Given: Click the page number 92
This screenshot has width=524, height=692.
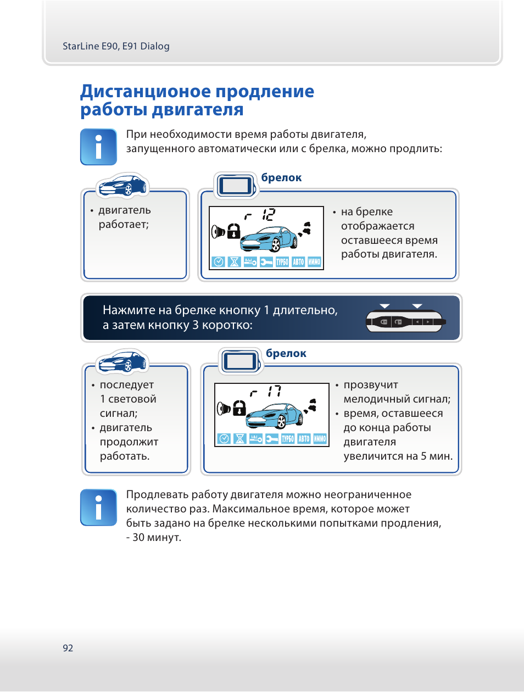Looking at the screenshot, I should (x=68, y=648).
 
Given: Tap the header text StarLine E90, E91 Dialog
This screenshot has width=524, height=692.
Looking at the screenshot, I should (x=116, y=46).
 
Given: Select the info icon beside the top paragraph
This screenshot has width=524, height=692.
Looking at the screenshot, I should (x=98, y=147).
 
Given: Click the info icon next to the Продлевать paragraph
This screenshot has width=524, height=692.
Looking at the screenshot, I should (x=98, y=507).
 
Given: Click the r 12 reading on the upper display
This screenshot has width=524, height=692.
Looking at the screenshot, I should (x=260, y=215).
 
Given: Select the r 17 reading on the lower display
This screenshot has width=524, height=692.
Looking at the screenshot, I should (x=266, y=392).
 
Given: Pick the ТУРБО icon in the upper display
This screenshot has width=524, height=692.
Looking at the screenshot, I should (x=282, y=262).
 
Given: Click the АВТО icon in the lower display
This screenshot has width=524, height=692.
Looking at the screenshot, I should (x=304, y=438).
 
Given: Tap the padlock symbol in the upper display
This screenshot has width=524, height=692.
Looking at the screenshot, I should (x=234, y=230).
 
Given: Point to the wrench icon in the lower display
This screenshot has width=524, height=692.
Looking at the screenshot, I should (x=271, y=438).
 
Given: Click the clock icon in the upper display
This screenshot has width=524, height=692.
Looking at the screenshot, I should (x=218, y=262).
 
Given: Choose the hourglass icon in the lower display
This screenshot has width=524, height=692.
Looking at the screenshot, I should (x=239, y=438).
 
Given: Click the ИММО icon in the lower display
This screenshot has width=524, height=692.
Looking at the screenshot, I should (x=320, y=438).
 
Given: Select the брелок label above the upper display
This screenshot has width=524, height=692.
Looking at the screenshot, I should (x=281, y=177).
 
